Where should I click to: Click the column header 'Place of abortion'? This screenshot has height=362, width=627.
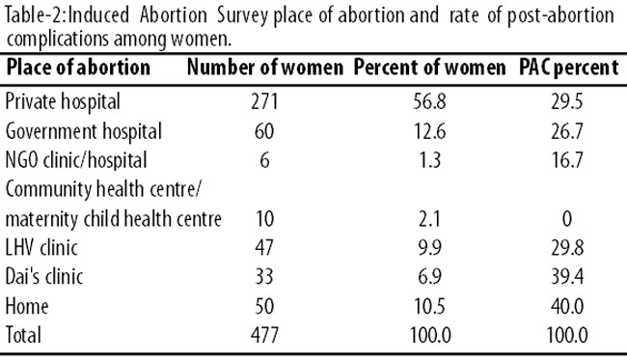click(x=78, y=68)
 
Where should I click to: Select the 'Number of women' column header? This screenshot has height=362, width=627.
click(x=265, y=68)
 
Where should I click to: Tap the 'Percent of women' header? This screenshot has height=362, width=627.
click(x=430, y=68)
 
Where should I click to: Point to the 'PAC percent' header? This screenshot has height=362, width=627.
click(x=568, y=68)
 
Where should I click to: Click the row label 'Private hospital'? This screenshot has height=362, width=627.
click(x=63, y=101)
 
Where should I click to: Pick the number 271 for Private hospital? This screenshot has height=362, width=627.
click(x=264, y=101)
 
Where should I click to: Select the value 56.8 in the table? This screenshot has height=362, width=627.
click(x=429, y=101)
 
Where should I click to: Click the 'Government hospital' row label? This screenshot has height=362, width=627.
click(x=84, y=131)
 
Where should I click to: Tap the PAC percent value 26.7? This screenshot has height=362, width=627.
click(x=567, y=131)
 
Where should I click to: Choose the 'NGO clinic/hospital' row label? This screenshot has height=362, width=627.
click(x=76, y=160)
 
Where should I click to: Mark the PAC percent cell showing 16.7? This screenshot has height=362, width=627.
click(x=567, y=160)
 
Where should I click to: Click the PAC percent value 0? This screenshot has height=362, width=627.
click(x=567, y=219)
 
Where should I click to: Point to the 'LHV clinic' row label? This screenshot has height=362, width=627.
click(x=41, y=247)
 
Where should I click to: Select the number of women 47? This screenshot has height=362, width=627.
click(x=264, y=247)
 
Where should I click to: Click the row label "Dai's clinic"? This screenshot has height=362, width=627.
click(x=44, y=276)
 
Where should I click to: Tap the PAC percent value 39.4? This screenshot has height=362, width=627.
click(x=567, y=276)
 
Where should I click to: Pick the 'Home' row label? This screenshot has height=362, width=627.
click(x=27, y=306)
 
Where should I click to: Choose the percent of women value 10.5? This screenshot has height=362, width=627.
click(x=429, y=306)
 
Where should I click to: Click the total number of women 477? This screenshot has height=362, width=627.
click(x=264, y=335)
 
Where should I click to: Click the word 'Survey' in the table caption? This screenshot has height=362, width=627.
click(x=242, y=16)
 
